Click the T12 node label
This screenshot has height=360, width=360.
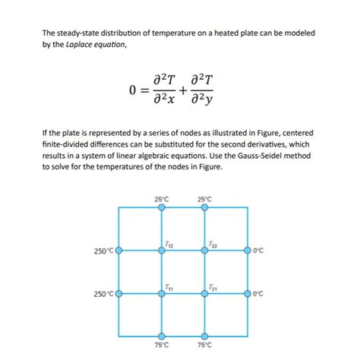pos(169,244)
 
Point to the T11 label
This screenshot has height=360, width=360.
pos(169,288)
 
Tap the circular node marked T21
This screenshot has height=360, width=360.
pos(204,293)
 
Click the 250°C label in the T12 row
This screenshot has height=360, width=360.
pos(104,251)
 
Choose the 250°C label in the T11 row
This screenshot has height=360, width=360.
pos(104,294)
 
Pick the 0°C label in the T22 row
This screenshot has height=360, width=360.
pos(259,251)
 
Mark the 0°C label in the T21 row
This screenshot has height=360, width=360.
pos(259,294)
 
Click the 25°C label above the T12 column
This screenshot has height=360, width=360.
pos(162,199)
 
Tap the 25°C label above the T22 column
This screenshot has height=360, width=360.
pos(204,199)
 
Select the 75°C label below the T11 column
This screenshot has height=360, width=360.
pos(162,345)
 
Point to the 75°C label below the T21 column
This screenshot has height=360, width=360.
pos(204,345)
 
